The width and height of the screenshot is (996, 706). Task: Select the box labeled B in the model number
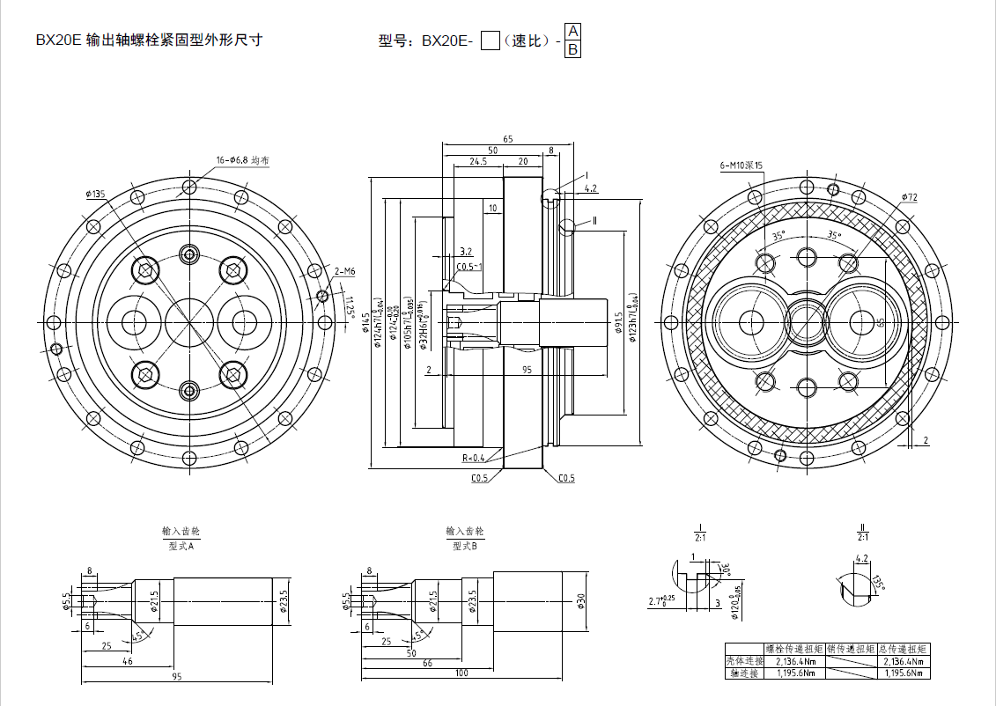[x=572, y=49]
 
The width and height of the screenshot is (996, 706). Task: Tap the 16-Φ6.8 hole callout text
[x=242, y=160]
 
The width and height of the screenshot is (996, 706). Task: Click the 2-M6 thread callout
[x=344, y=271]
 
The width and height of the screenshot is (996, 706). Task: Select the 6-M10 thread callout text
[x=741, y=165]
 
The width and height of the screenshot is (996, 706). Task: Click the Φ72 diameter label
[x=909, y=197]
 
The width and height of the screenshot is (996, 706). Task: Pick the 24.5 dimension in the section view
[x=478, y=162]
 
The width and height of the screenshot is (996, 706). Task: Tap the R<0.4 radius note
[x=474, y=458]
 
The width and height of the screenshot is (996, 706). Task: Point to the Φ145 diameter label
[x=366, y=336]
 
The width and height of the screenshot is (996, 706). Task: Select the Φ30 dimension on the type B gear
[x=580, y=600]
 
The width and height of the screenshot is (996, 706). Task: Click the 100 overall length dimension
[x=461, y=673]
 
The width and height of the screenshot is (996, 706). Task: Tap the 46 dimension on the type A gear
[x=127, y=660]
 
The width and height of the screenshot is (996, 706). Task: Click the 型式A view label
[x=181, y=546]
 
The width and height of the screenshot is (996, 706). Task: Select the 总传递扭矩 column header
[x=904, y=649]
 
